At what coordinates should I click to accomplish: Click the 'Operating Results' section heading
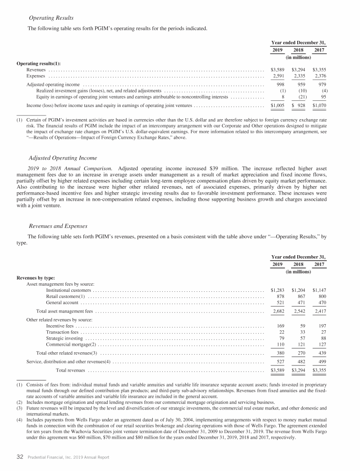tap(51, 18)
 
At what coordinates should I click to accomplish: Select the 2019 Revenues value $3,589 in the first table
tap(278, 69)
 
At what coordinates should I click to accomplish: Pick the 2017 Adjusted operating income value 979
tap(321, 84)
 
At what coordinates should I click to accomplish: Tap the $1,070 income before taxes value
tap(319, 106)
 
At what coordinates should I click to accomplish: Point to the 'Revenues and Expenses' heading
tap(58, 225)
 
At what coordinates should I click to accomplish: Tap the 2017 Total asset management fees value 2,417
tap(319, 311)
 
